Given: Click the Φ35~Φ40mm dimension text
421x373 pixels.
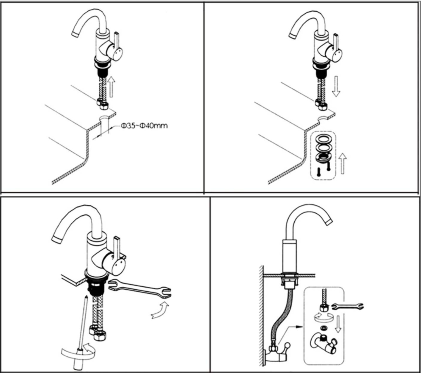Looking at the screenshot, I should click(144, 126).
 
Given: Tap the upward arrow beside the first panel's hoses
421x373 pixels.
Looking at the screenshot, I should click(111, 86).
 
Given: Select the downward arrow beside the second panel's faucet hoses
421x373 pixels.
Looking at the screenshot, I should click(336, 86).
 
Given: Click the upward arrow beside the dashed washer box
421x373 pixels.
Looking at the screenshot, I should click(343, 163).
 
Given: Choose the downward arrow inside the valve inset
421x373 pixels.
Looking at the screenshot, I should click(338, 324).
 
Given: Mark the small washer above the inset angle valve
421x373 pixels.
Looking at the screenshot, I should click(323, 328).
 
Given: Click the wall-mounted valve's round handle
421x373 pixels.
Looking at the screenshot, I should click(287, 346).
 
